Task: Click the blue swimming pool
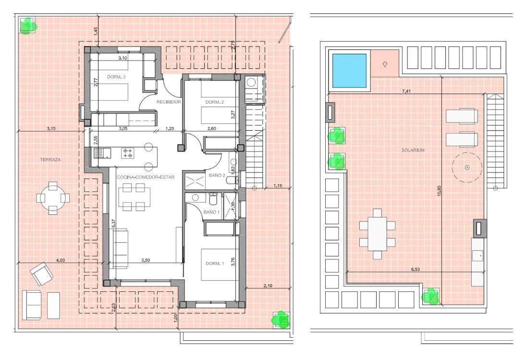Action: [349, 71]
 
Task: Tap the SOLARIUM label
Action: [413, 150]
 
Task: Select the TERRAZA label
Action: [50, 160]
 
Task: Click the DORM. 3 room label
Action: [116, 77]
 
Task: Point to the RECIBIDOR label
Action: [169, 102]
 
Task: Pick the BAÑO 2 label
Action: [217, 175]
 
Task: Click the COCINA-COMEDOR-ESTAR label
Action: [146, 177]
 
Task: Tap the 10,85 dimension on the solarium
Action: [440, 193]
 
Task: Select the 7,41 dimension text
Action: [405, 91]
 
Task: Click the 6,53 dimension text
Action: [415, 269]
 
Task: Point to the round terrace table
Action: [53, 198]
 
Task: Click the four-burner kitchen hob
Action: [128, 153]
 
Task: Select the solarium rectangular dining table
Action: [377, 234]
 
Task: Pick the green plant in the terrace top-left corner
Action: [27, 26]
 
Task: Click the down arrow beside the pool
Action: [385, 64]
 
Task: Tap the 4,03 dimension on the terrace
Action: [61, 260]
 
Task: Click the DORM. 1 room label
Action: [215, 264]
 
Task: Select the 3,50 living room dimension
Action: [146, 260]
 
